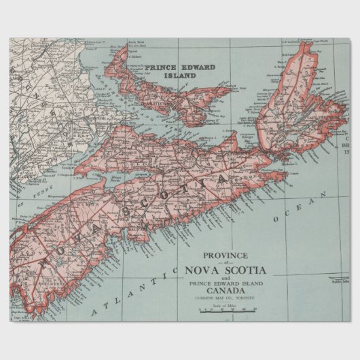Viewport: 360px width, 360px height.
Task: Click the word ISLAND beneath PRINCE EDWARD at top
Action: click(x=180, y=76)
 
